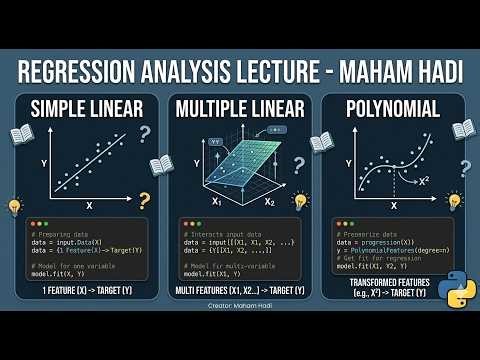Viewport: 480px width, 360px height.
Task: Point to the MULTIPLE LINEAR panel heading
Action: tap(239, 109)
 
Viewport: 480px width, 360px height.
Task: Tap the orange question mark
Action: tap(145, 201)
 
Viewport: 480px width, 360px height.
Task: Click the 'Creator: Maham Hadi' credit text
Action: tap(239, 310)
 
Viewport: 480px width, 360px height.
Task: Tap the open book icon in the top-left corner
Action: tap(22, 132)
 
